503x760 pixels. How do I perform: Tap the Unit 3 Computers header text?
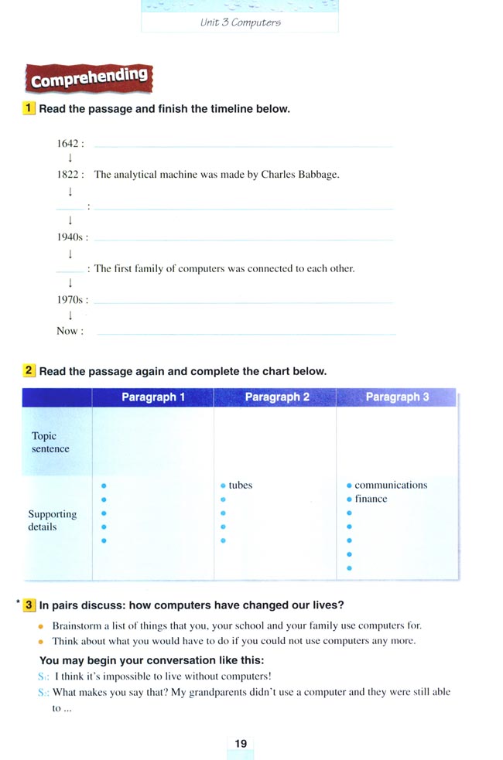pyautogui.click(x=240, y=22)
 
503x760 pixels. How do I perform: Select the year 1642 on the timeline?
pyautogui.click(x=68, y=144)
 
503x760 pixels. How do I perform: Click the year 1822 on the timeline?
pyautogui.click(x=68, y=175)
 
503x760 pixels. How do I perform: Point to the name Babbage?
pyautogui.click(x=319, y=175)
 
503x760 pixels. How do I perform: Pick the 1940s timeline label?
pyautogui.click(x=70, y=237)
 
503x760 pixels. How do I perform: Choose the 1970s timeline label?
pyautogui.click(x=70, y=300)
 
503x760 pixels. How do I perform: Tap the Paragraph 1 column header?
pyautogui.click(x=153, y=397)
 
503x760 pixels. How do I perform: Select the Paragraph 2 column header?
pyautogui.click(x=276, y=397)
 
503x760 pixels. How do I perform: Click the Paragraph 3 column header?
pyautogui.click(x=397, y=397)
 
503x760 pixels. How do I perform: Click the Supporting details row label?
pyautogui.click(x=52, y=520)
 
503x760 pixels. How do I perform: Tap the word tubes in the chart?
pyautogui.click(x=241, y=486)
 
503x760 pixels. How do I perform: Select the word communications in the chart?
pyautogui.click(x=391, y=486)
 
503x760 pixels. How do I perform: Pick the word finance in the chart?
pyautogui.click(x=371, y=499)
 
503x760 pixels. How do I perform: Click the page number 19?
pyautogui.click(x=241, y=744)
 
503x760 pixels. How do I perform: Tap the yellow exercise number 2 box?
pyautogui.click(x=29, y=371)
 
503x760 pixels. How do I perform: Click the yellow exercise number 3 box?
pyautogui.click(x=29, y=605)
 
